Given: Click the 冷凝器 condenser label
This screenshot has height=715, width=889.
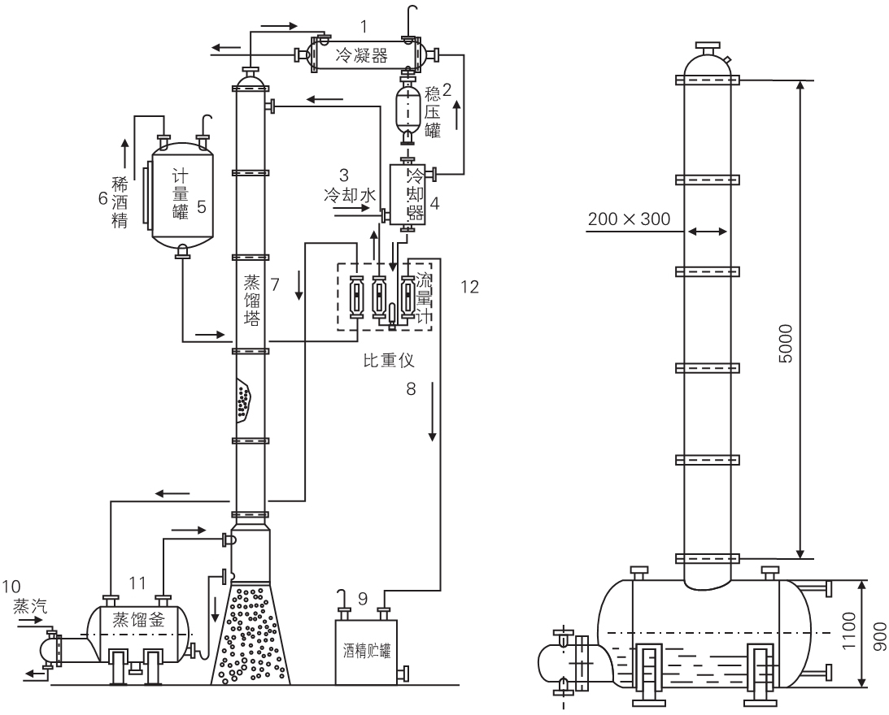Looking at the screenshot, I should [364, 56].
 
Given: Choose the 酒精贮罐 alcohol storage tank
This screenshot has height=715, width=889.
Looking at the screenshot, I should [364, 650].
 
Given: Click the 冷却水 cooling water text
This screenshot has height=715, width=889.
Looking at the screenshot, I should [350, 195].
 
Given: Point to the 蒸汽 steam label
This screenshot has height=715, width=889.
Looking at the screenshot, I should [29, 606].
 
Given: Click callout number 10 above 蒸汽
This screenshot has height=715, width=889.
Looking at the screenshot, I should [15, 587].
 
